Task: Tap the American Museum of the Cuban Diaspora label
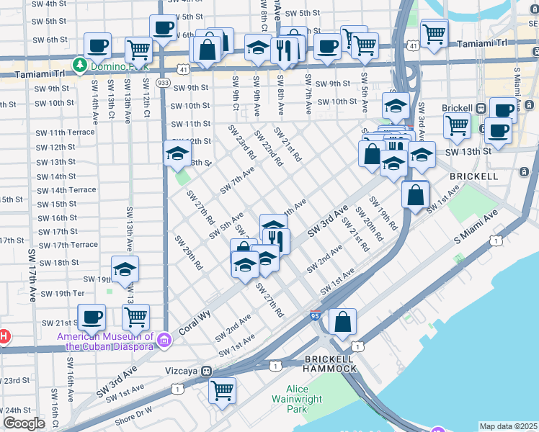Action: coord(106,341)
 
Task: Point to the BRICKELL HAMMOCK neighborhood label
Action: coord(329,364)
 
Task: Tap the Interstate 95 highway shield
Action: coord(314,315)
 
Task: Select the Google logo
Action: coord(24,423)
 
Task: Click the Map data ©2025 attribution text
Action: coord(508,426)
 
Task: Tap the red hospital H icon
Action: coord(3,336)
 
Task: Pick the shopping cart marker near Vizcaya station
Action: coord(223,390)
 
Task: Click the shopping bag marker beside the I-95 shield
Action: coord(343,321)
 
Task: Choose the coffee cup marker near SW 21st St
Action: coord(92,316)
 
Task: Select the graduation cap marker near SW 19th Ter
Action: coord(125,269)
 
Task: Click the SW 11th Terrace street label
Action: coord(66,132)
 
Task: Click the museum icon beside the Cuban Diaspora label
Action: coord(164,338)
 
